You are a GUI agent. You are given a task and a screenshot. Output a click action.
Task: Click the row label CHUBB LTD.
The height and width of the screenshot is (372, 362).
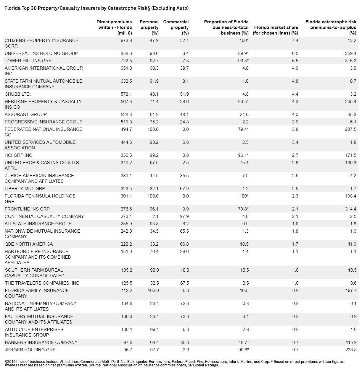point(18,94)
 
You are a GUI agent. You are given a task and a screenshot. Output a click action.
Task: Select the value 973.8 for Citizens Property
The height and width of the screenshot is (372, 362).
point(126,40)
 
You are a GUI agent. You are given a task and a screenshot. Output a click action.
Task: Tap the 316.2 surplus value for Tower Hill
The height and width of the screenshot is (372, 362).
point(350,61)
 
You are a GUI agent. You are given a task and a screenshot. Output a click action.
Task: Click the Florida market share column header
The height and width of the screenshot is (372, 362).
point(275,30)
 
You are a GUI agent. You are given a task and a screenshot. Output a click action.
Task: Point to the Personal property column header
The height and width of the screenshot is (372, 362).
point(149,27)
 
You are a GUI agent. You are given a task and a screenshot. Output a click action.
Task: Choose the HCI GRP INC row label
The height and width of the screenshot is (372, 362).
point(18,155)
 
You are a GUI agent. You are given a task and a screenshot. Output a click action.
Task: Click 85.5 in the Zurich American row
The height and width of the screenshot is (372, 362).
point(184,175)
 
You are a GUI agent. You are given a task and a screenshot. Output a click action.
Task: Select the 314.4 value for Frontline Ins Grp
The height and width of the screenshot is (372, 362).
point(350,209)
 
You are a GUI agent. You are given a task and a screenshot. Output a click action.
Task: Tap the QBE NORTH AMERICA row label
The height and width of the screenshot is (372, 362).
point(29,244)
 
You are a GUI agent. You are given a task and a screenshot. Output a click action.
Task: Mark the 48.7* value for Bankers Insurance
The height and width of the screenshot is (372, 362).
point(243,342)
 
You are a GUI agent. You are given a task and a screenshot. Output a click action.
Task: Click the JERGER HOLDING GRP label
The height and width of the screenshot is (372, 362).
point(30,350)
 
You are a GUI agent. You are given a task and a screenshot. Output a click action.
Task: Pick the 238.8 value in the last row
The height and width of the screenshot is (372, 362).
point(351,350)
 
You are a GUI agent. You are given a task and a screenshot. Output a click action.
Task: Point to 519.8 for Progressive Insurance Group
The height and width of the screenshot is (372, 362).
point(126,122)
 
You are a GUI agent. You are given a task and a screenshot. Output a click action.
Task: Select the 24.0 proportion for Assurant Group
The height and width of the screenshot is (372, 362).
point(244,114)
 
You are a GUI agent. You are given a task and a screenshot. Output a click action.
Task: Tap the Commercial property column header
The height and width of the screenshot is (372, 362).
point(176,27)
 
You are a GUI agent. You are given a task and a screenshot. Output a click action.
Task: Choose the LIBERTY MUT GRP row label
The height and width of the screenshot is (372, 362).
point(25,188)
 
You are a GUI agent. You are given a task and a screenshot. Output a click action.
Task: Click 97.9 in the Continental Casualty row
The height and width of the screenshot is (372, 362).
point(184,216)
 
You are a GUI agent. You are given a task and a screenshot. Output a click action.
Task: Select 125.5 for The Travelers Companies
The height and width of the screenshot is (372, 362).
point(126,283)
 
